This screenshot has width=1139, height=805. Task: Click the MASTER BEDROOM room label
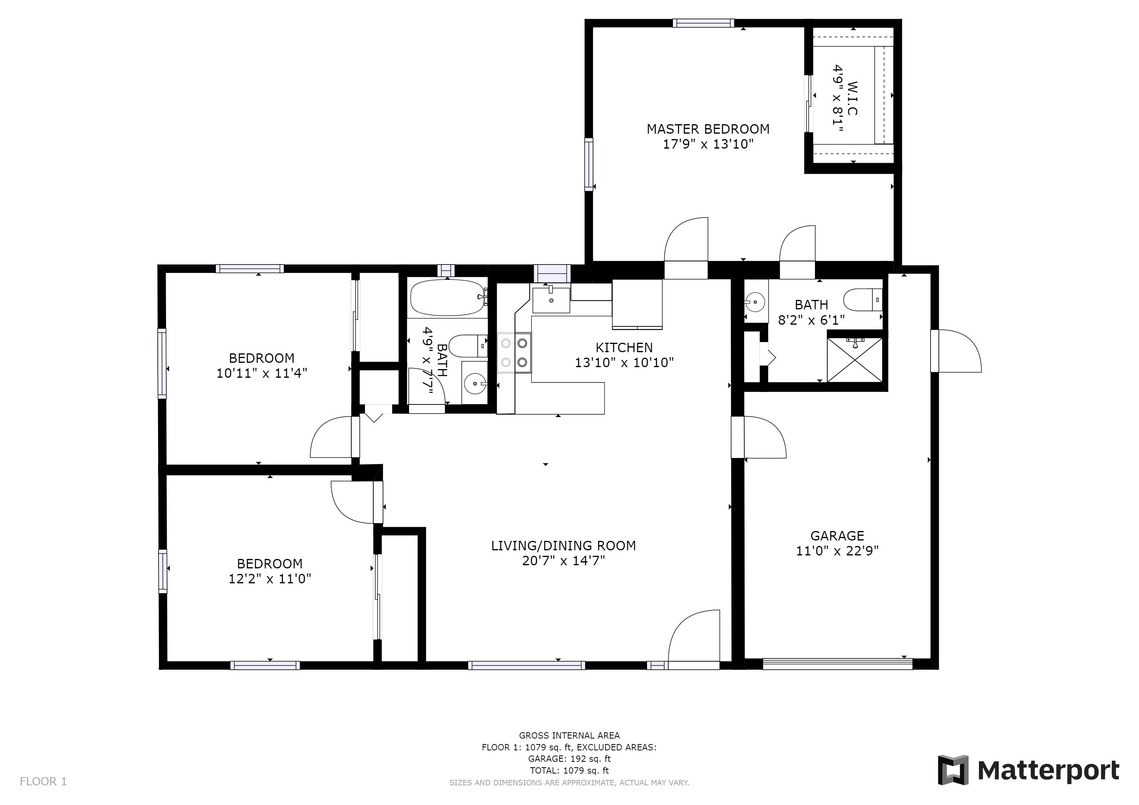click(708, 129)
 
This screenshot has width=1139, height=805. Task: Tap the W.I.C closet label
click(852, 98)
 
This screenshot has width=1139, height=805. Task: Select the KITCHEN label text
click(624, 347)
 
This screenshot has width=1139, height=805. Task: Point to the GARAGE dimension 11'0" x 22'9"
click(837, 551)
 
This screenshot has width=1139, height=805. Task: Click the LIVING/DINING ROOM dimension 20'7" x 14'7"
click(564, 561)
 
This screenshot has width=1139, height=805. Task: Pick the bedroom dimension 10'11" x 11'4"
click(262, 373)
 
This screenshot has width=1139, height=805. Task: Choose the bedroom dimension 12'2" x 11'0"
click(269, 579)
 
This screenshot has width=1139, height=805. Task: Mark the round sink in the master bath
click(754, 301)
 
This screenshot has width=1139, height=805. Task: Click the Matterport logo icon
click(953, 770)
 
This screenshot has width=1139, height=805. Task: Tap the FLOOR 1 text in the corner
click(43, 782)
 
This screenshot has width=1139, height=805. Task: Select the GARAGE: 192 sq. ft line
click(569, 759)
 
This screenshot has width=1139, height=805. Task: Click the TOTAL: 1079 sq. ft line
click(569, 771)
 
